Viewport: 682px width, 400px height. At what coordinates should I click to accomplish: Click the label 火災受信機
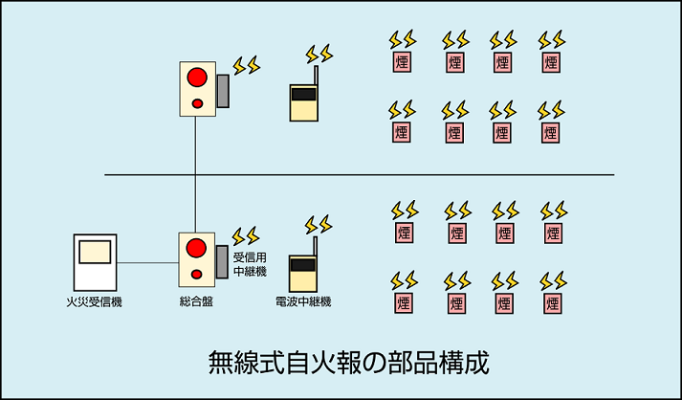tap(96, 302)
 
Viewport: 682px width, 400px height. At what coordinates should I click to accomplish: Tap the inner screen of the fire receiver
tap(96, 253)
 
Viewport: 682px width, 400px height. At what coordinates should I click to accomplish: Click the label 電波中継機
tap(303, 302)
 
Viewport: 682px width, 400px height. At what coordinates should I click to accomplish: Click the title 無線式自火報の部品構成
tap(348, 364)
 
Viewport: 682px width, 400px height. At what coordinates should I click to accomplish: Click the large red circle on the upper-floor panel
tap(197, 76)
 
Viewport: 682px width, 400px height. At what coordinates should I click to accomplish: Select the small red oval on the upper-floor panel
tap(197, 102)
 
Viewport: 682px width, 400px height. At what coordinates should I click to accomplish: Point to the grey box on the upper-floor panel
tap(223, 91)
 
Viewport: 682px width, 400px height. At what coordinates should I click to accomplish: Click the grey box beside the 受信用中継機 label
tap(222, 261)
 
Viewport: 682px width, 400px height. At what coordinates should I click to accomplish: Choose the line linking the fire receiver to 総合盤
tap(147, 261)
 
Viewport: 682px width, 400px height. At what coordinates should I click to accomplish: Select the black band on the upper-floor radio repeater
tap(303, 95)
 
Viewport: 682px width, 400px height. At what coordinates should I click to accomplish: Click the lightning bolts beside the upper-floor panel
tap(246, 64)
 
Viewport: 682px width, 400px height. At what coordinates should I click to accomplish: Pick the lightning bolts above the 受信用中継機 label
tap(246, 234)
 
